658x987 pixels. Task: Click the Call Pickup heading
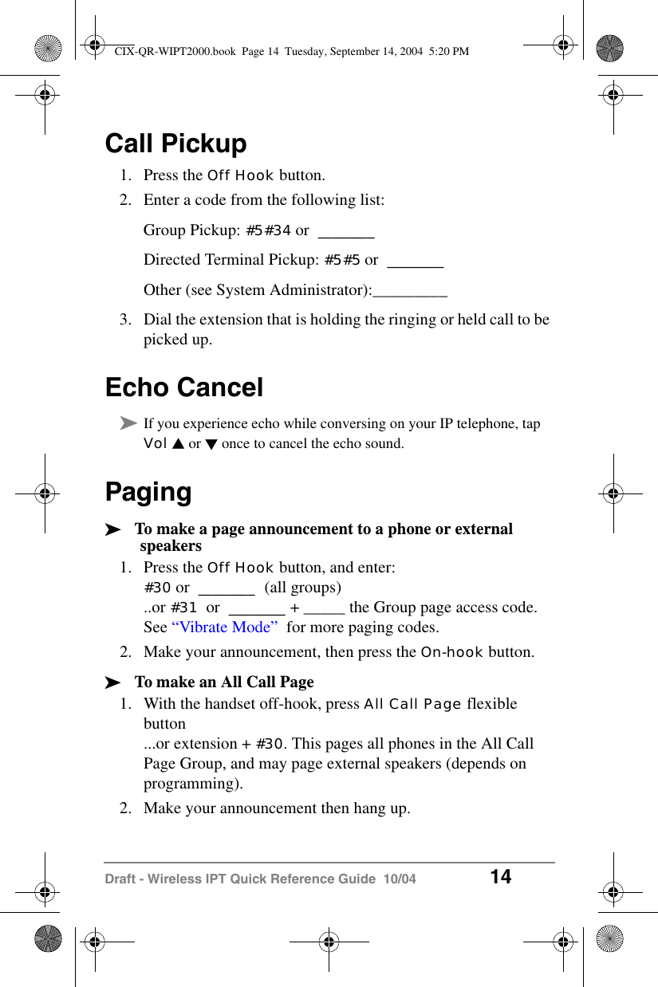[175, 144]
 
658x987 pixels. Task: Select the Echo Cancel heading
[183, 387]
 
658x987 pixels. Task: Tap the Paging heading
[148, 492]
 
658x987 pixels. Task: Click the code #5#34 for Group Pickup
[268, 230]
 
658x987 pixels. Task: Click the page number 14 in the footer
[500, 878]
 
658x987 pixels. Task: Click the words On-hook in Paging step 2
[451, 652]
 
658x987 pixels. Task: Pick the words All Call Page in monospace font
[412, 704]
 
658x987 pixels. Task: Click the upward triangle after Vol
[177, 444]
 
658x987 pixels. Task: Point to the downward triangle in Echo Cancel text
[211, 444]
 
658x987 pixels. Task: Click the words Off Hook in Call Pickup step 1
[240, 175]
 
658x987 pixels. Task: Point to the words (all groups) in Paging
[302, 588]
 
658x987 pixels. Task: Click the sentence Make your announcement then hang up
[277, 808]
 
